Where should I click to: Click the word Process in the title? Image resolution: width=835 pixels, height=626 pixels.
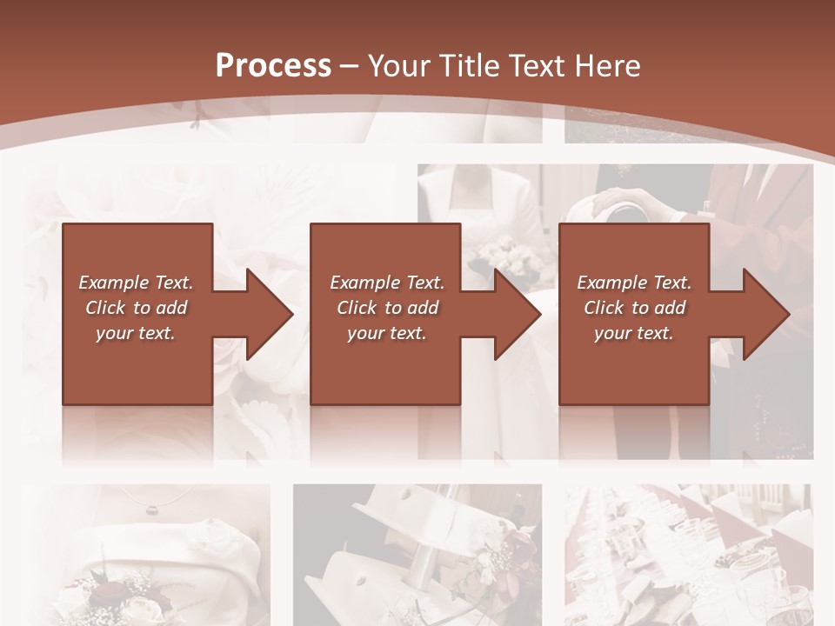[x=273, y=65]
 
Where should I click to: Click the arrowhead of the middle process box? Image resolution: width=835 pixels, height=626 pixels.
[x=517, y=314]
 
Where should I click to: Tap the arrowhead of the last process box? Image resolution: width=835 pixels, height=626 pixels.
[x=765, y=314]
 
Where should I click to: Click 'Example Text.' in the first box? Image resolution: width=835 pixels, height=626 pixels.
[x=136, y=283]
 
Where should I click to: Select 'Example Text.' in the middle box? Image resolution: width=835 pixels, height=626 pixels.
[x=387, y=283]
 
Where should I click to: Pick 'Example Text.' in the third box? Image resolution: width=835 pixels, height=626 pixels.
[x=634, y=283]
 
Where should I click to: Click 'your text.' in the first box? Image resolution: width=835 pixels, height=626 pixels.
[x=136, y=333]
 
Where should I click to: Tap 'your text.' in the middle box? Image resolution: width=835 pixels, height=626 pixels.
[x=387, y=333]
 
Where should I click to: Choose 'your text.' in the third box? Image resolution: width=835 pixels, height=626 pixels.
[x=634, y=333]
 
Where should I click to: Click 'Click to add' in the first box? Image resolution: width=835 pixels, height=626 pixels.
[x=136, y=308]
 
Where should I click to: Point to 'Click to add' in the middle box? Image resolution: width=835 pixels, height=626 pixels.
[x=387, y=308]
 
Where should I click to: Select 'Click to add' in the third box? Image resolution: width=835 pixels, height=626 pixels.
[x=634, y=308]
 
